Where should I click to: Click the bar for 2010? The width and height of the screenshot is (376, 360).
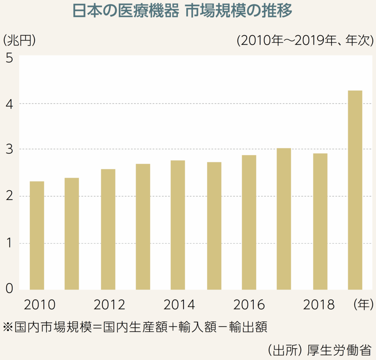[37, 235]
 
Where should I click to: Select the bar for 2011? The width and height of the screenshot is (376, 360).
[72, 233]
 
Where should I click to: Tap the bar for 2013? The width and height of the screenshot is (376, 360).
[143, 226]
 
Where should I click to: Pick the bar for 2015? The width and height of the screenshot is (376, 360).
[214, 226]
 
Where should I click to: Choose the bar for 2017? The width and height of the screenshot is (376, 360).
[284, 219]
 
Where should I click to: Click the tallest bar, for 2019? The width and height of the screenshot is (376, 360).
[355, 190]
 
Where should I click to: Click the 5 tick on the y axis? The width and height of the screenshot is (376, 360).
[10, 59]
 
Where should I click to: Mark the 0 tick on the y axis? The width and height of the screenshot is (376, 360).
[10, 289]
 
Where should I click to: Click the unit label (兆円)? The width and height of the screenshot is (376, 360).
[19, 40]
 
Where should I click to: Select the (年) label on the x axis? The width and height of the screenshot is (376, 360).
[363, 305]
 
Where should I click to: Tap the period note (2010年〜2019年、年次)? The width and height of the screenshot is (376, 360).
[305, 40]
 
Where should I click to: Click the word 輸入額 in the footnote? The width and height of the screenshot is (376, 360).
[198, 326]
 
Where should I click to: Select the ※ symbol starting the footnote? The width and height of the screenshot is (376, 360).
[7, 326]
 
